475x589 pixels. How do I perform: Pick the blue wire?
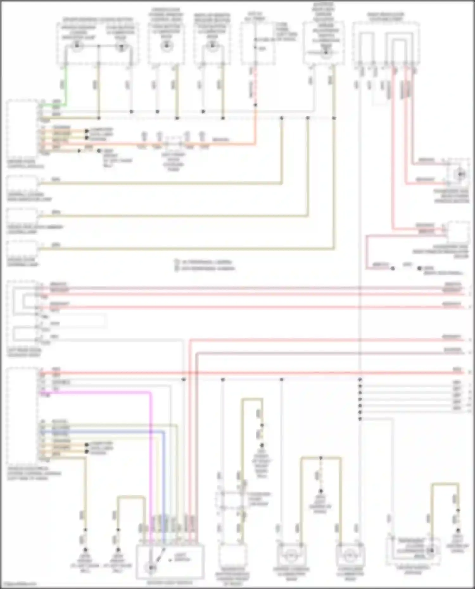[164, 475]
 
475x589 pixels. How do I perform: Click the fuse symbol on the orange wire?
[174, 144]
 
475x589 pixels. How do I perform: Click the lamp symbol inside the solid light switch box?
[151, 567]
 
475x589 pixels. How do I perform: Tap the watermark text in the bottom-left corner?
[19, 583]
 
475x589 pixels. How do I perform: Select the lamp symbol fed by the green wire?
[76, 46]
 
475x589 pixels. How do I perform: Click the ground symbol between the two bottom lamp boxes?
[320, 492]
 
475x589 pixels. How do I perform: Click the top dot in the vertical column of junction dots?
[360, 379]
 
